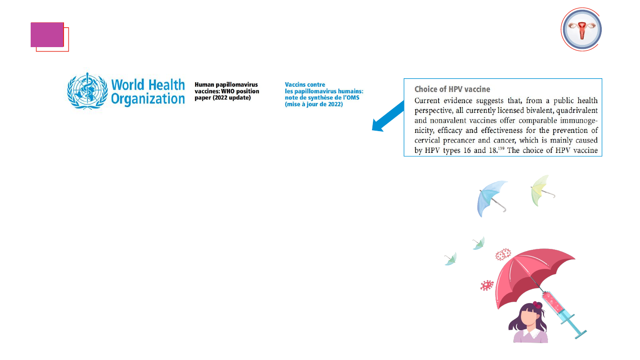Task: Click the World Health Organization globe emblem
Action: click(88, 91)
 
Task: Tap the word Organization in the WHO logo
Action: click(148, 99)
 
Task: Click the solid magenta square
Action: click(47, 35)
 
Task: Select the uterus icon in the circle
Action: click(582, 30)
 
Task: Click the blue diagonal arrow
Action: click(388, 116)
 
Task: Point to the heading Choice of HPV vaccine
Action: click(452, 89)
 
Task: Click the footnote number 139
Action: click(501, 148)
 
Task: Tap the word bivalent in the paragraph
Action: click(539, 111)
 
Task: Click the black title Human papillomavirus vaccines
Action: click(227, 91)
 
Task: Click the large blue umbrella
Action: click(492, 199)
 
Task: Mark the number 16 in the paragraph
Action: click(467, 151)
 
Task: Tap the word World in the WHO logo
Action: click(128, 85)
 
